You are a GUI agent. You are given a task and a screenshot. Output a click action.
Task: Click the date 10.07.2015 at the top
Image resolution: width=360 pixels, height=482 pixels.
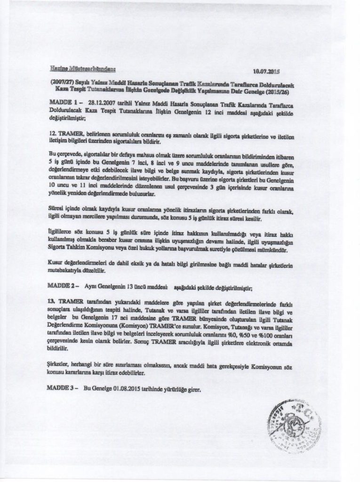(x=266, y=72)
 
